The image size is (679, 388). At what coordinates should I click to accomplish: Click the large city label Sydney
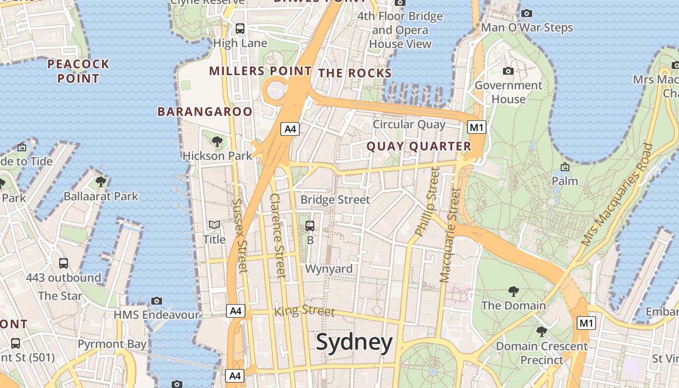[354, 343]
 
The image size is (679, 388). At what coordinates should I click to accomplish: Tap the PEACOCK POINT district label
[78, 71]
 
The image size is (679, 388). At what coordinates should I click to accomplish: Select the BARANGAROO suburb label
[205, 112]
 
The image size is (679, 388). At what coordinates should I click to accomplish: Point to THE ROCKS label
[355, 73]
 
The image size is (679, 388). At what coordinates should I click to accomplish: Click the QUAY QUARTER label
[419, 146]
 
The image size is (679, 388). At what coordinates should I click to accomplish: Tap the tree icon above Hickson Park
[217, 142]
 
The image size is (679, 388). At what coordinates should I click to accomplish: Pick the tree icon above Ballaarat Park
[101, 182]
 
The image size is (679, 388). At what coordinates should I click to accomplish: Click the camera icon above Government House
[508, 71]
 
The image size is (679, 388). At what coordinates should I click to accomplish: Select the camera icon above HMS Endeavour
[156, 301]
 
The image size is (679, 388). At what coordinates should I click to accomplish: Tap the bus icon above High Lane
[240, 29]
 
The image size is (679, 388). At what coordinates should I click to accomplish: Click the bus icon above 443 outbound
[64, 263]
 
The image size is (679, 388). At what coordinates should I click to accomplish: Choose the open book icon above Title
[214, 225]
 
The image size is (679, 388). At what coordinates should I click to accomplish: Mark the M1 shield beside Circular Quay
[476, 128]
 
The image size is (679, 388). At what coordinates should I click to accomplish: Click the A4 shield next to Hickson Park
[290, 129]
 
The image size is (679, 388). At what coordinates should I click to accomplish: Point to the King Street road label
[305, 310]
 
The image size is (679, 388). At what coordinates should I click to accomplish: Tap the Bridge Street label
[335, 200]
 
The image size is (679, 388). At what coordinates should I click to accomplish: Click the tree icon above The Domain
[513, 291]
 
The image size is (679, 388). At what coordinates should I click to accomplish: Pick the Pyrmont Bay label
[112, 344]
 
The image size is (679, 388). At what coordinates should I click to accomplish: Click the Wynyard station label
[329, 269]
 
